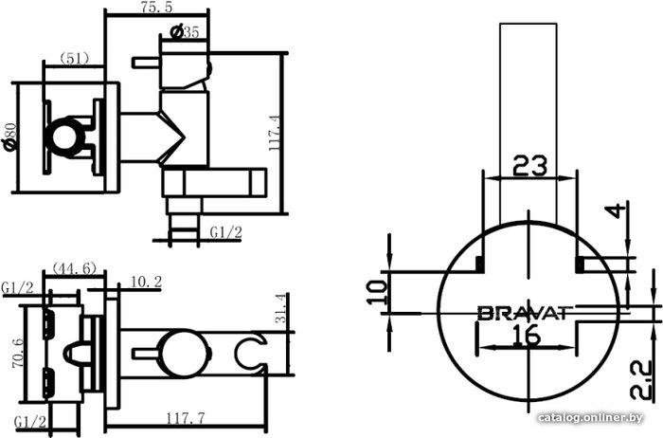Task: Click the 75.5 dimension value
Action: tap(157, 7)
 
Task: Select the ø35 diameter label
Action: tap(184, 32)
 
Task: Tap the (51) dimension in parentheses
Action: tap(74, 59)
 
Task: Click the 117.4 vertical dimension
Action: tap(275, 134)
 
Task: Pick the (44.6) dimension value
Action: tap(74, 268)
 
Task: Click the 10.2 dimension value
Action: tap(146, 282)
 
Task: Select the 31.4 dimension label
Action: tap(280, 308)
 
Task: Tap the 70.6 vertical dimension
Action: tap(18, 353)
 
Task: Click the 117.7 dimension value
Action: tap(185, 418)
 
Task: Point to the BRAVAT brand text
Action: tap(525, 313)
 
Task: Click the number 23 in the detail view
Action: tap(529, 166)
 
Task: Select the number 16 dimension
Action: tap(529, 336)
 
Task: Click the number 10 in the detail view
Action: tap(377, 293)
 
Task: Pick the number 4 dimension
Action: tap(618, 210)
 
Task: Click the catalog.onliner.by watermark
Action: tap(590, 418)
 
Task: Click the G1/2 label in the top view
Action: tap(226, 232)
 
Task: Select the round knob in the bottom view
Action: tap(184, 354)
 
